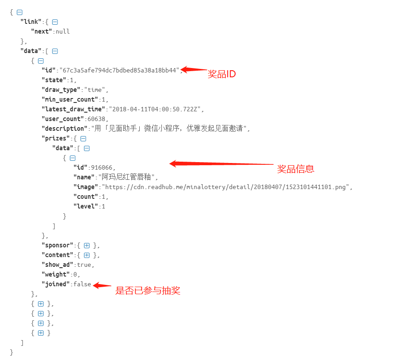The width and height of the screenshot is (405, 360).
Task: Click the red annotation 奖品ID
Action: tap(222, 74)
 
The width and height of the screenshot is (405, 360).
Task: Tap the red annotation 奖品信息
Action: tap(295, 169)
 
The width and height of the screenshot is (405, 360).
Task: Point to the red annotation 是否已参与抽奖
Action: tap(148, 291)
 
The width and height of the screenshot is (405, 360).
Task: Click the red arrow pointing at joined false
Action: tap(102, 285)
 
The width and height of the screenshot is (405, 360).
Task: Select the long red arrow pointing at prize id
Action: tap(221, 164)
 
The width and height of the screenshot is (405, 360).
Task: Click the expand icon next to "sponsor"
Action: tap(87, 245)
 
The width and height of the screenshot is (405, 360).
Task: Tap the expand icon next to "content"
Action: tap(87, 255)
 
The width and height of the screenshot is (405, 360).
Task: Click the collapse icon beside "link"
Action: tap(55, 22)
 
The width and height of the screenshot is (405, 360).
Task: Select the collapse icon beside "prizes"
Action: tap(83, 138)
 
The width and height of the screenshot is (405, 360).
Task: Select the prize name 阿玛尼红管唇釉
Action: tap(128, 177)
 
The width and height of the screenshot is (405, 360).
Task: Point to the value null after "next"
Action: tap(63, 31)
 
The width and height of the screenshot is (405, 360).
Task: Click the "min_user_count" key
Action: tap(69, 99)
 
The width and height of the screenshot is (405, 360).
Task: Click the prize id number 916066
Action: tap(103, 167)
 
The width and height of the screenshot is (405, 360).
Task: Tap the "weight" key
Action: tap(56, 274)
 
